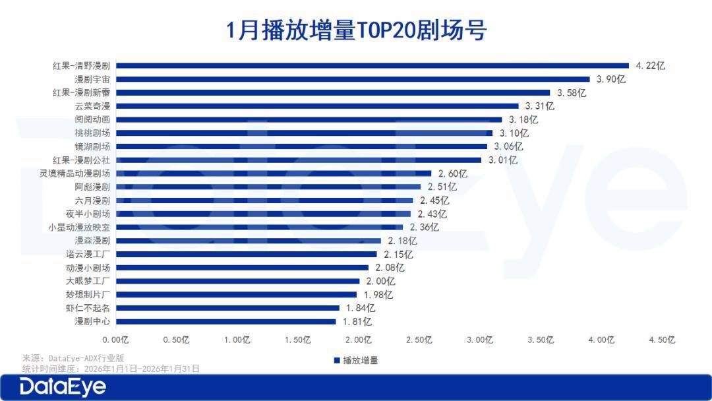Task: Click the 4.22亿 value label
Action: pyautogui.click(x=651, y=65)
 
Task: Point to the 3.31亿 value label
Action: pyautogui.click(x=539, y=106)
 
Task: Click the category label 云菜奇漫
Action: pyautogui.click(x=92, y=106)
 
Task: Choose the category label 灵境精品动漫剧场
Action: pyautogui.click(x=74, y=173)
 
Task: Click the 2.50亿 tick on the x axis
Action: pyautogui.click(x=419, y=340)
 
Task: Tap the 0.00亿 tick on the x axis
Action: pyautogui.click(x=115, y=340)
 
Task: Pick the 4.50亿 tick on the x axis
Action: pyautogui.click(x=662, y=340)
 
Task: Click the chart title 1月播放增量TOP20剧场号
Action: pyautogui.click(x=356, y=30)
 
